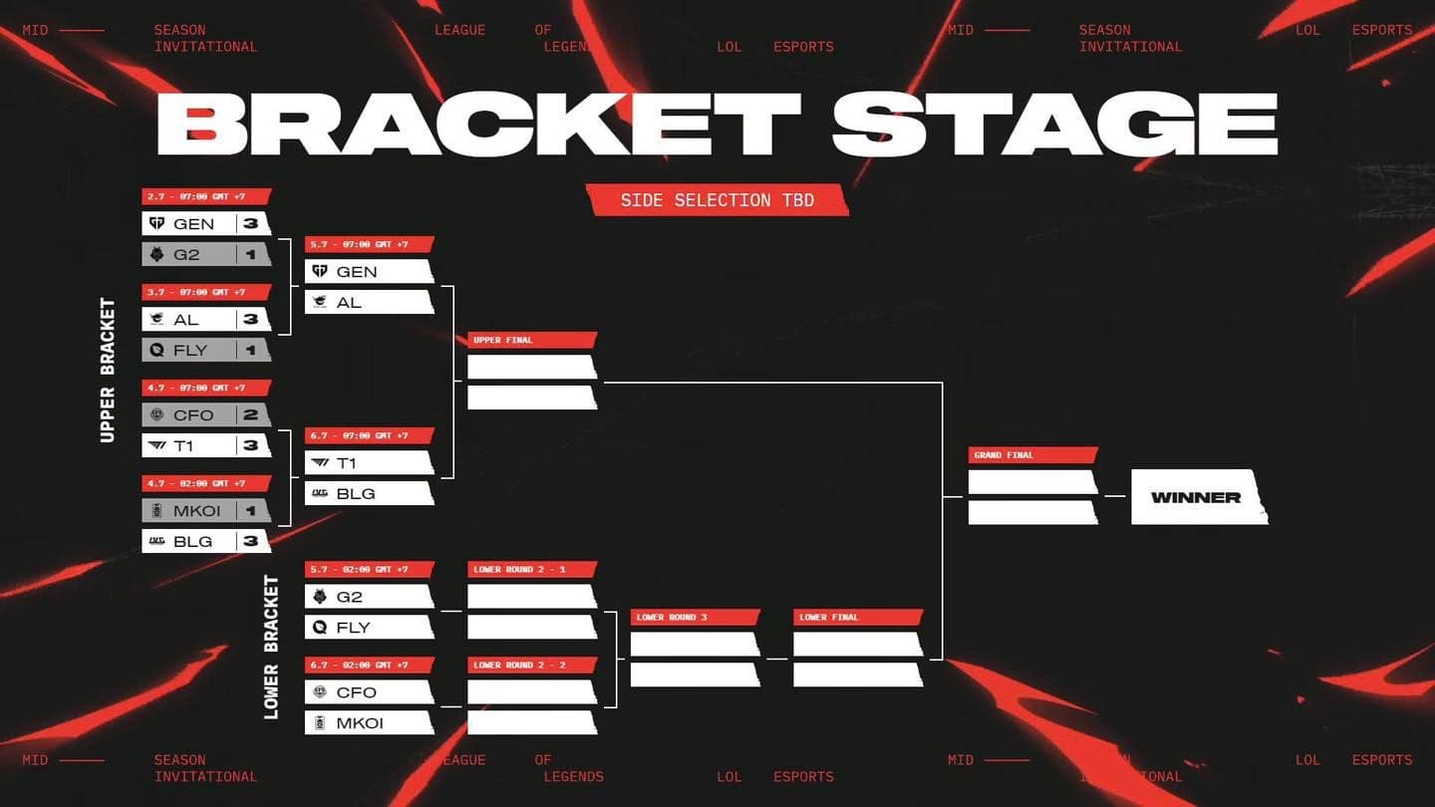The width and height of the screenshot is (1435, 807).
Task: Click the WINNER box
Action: click(x=1197, y=497)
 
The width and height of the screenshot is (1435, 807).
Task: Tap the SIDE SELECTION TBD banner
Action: click(x=717, y=200)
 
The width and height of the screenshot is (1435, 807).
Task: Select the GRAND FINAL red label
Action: click(x=1031, y=455)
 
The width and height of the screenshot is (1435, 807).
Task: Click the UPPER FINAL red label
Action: click(x=531, y=340)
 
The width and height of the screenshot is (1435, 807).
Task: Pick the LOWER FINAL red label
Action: click(x=857, y=617)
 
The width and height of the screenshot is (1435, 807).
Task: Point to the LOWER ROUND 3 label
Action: click(x=695, y=617)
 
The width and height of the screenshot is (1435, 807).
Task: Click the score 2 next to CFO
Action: click(x=250, y=414)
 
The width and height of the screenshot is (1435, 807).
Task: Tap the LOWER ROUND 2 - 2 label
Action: click(x=531, y=665)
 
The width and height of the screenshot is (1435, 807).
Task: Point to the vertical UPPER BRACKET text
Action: click(x=108, y=370)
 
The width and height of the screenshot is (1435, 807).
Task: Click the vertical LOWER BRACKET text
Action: click(x=271, y=647)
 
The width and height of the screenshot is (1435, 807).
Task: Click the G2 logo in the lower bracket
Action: click(x=320, y=597)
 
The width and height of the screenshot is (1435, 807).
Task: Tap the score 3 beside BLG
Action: click(x=250, y=541)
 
